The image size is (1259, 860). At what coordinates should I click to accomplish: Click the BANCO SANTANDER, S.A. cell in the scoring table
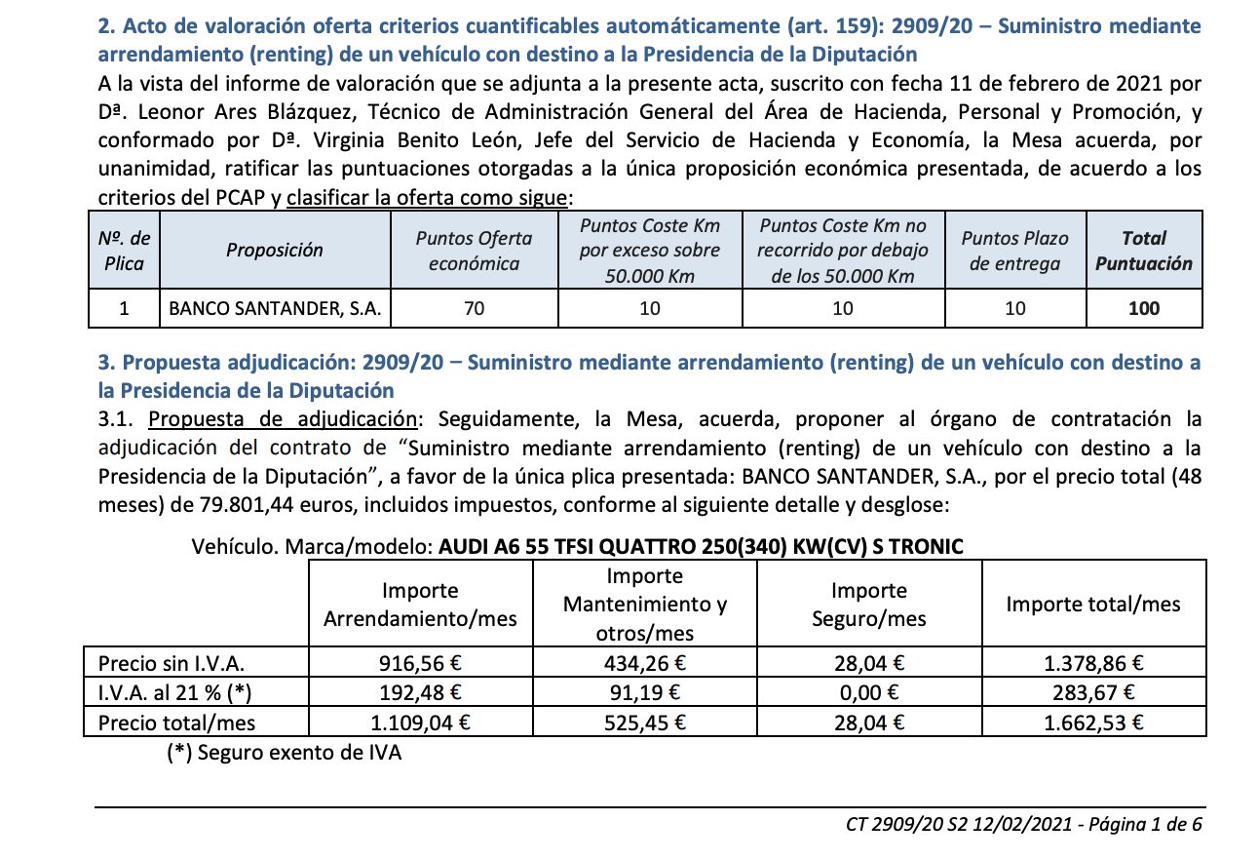(x=275, y=309)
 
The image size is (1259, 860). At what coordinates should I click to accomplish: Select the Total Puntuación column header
(x=1143, y=251)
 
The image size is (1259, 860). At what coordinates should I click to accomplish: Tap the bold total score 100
(x=1143, y=309)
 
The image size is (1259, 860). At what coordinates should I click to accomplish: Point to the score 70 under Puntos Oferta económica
(x=475, y=309)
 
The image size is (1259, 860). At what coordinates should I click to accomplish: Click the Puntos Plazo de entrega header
(x=1014, y=251)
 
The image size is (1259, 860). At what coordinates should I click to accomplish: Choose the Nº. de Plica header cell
(x=125, y=251)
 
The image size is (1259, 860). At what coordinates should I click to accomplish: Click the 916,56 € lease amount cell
(x=420, y=665)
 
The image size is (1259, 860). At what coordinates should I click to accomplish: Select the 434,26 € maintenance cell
(x=645, y=665)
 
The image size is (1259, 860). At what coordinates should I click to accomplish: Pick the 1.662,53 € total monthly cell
(x=1092, y=723)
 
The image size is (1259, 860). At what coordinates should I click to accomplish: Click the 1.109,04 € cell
(x=420, y=723)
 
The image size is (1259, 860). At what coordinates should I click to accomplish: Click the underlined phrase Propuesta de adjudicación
(x=283, y=420)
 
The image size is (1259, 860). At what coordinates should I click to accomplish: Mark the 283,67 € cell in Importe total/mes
(x=1092, y=693)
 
